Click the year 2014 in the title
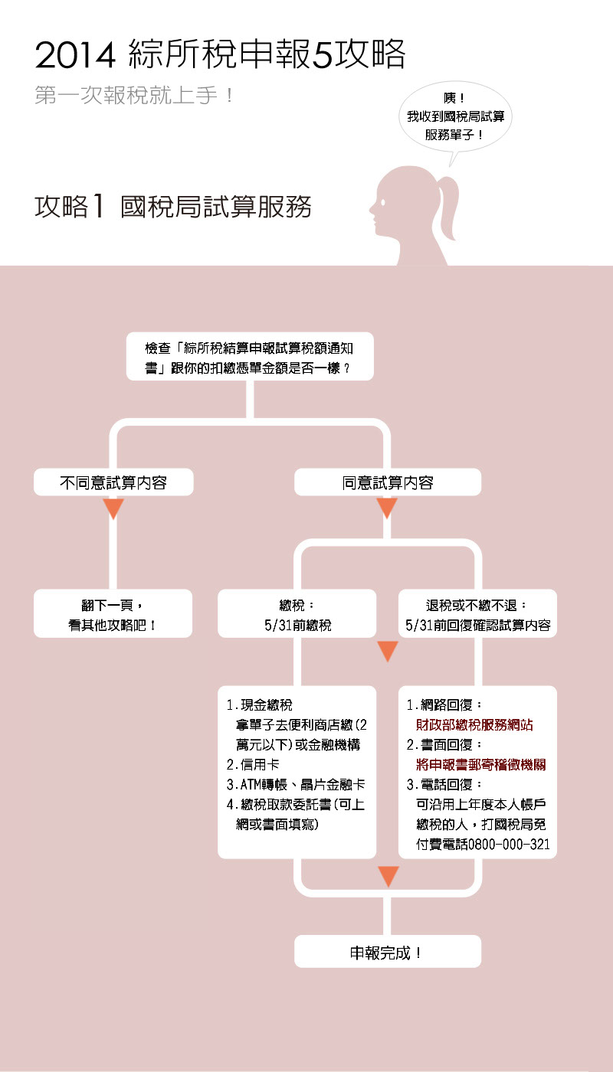[x=75, y=55]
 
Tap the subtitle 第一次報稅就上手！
[x=135, y=95]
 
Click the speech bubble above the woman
[x=455, y=117]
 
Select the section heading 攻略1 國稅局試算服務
[x=173, y=207]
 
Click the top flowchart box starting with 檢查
[x=250, y=357]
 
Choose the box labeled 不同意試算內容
[x=113, y=482]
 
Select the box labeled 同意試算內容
[x=388, y=482]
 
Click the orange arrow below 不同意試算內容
[x=113, y=508]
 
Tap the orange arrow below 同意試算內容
[x=387, y=508]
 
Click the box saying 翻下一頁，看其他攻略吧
[x=113, y=613]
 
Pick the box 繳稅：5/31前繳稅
[x=297, y=613]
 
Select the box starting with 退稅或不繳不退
[x=477, y=613]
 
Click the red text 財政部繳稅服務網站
[x=474, y=725]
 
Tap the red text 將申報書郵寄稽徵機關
[x=481, y=765]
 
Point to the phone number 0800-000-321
[x=509, y=844]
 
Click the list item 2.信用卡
[x=253, y=765]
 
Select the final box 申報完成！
[x=388, y=951]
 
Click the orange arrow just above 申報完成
[x=388, y=876]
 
